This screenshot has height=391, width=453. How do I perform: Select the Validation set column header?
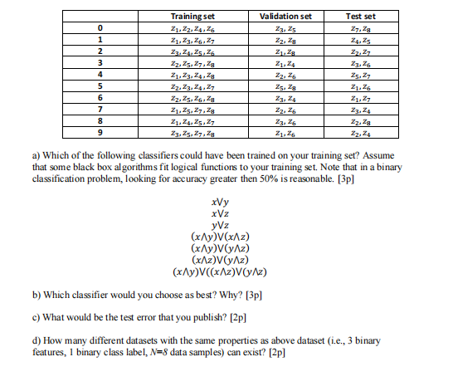[285, 16]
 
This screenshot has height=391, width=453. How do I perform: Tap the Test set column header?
[361, 16]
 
